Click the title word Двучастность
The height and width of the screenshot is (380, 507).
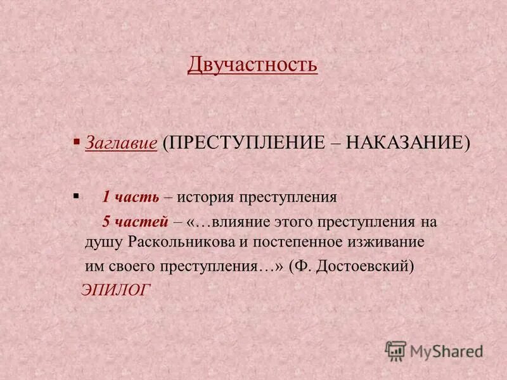[x=252, y=64]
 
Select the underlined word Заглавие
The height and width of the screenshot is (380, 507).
[x=121, y=143]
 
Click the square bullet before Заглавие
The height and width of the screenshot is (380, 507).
[x=77, y=142]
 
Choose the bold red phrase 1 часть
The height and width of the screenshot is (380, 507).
[x=131, y=196]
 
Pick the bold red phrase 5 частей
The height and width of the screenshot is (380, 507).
[x=135, y=222]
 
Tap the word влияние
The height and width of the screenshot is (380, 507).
[x=240, y=222]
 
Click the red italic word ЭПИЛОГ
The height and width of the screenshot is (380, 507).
[x=115, y=290]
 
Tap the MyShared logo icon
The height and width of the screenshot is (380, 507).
[x=396, y=351]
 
